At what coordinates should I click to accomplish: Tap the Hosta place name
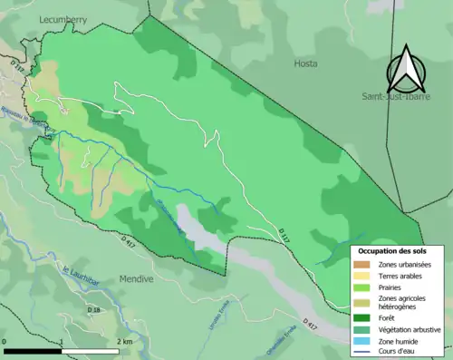tap(306, 63)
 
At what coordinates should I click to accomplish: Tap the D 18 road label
tap(94, 310)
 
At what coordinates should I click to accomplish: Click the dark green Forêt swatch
tap(362, 318)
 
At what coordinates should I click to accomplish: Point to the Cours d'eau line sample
tap(362, 351)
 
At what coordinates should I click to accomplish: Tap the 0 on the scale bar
tap(5, 341)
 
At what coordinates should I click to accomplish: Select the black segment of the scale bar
tap(33, 350)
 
